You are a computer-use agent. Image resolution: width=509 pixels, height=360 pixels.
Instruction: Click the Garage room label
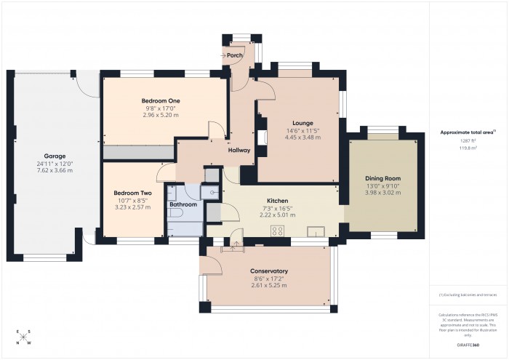(x=55, y=156)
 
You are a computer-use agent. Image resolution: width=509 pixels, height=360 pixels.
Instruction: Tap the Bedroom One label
(x=161, y=100)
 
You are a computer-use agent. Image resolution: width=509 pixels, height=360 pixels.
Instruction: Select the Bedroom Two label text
(x=132, y=193)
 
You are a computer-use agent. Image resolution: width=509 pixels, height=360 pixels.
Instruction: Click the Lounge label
(x=302, y=123)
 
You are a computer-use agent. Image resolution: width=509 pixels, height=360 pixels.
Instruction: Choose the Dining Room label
(x=382, y=178)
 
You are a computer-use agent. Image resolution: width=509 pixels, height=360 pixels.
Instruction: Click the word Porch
(x=234, y=55)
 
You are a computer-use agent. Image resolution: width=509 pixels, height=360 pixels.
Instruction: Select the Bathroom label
(x=183, y=204)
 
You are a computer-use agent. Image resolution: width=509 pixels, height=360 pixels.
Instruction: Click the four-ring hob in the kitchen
(x=277, y=231)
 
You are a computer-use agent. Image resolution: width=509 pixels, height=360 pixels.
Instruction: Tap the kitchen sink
(x=316, y=231)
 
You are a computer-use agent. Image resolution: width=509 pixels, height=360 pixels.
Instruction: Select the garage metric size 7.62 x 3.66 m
(x=55, y=171)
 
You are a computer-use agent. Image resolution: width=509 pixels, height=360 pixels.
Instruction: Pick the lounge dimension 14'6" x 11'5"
(x=302, y=131)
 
